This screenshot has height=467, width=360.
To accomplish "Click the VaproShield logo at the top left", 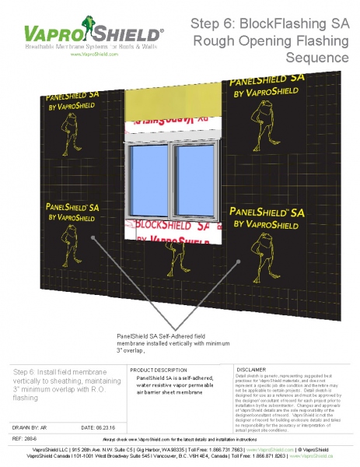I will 93,35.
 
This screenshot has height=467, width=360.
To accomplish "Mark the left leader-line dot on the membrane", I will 93,239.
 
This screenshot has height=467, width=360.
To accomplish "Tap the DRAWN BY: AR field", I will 34,427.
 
